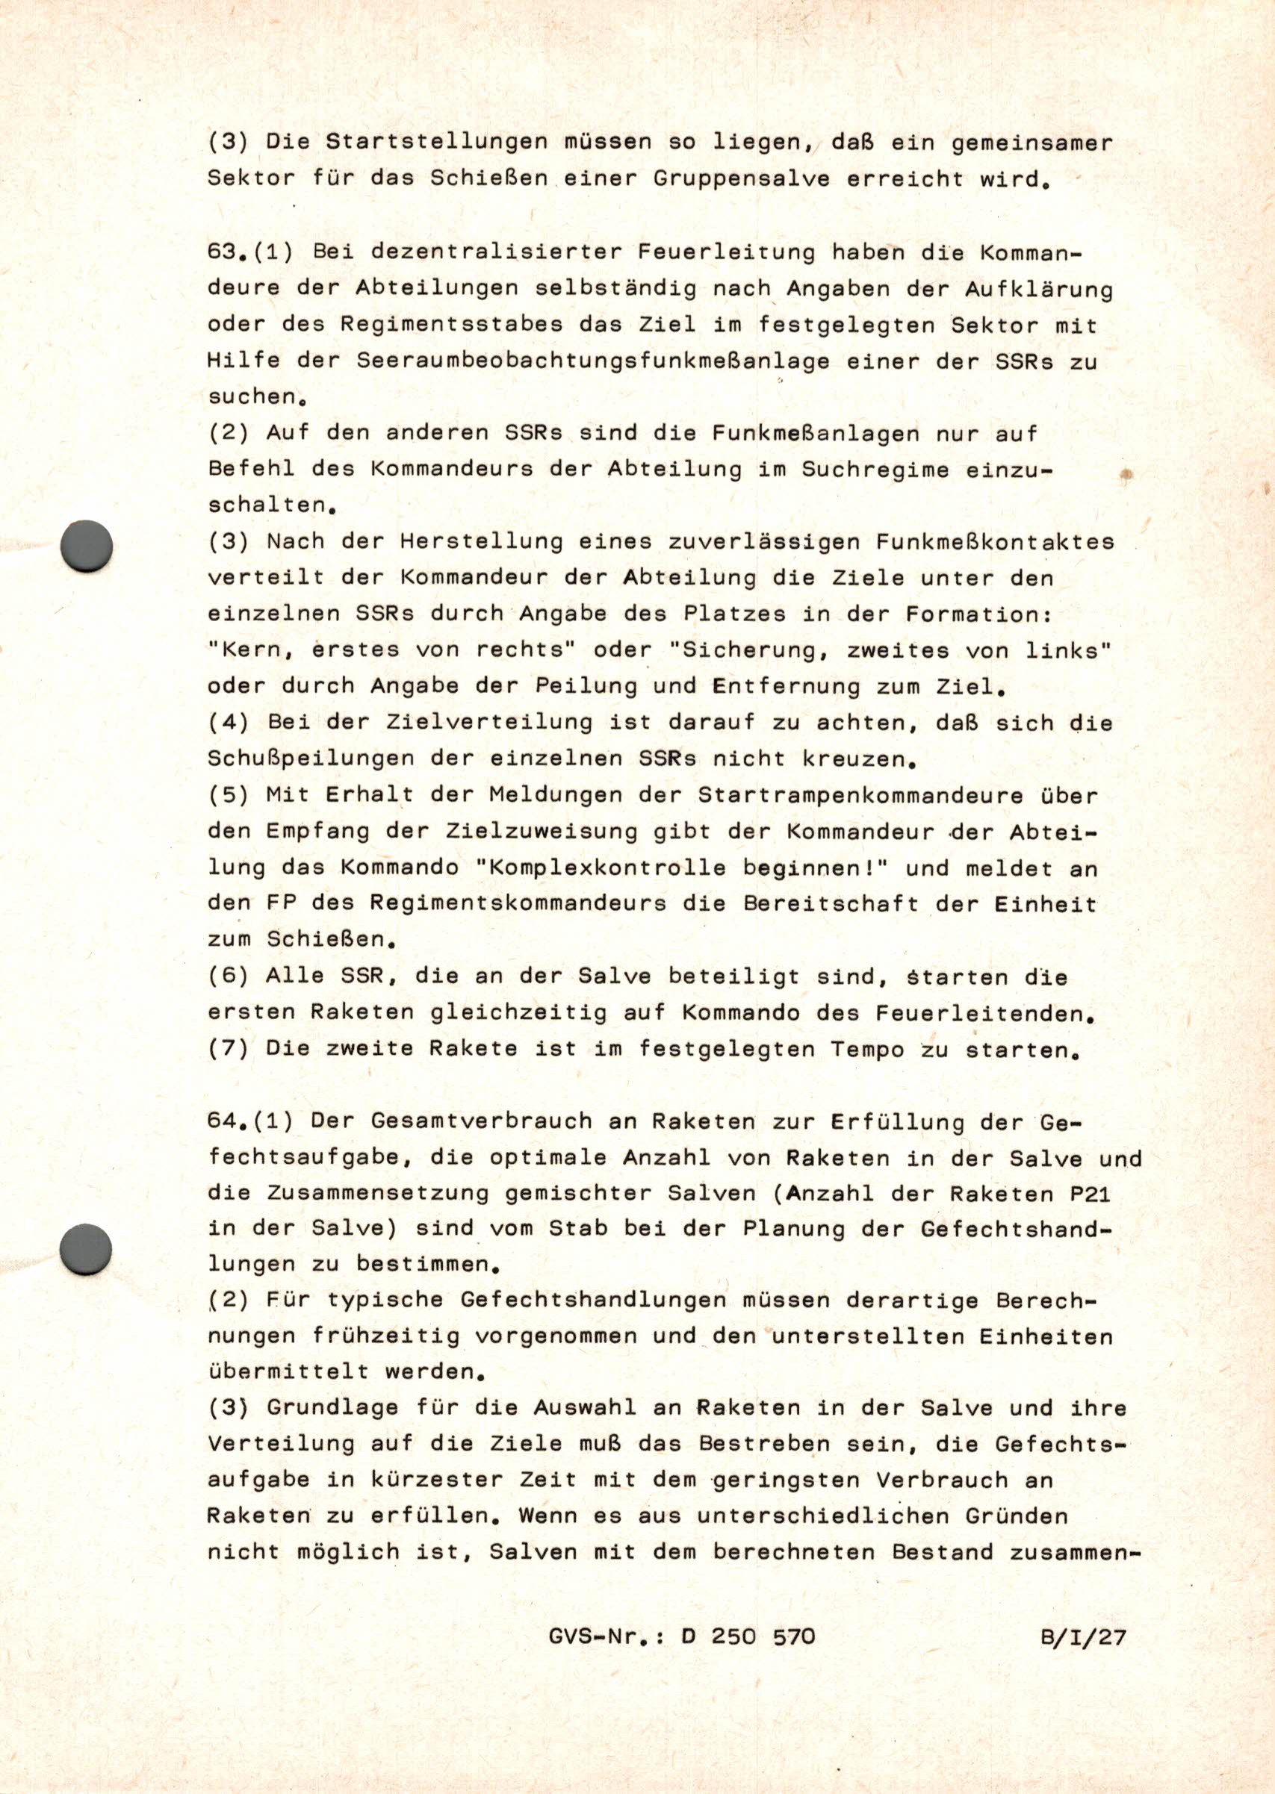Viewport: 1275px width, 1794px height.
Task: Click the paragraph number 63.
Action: pyautogui.click(x=223, y=252)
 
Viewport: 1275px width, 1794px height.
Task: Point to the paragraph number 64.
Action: pyautogui.click(x=223, y=1121)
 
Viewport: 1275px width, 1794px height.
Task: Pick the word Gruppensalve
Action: pyautogui.click(x=740, y=179)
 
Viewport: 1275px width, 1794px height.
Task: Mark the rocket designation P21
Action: pyautogui.click(x=1097, y=1194)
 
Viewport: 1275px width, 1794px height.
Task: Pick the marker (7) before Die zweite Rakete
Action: pyautogui.click(x=229, y=1049)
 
